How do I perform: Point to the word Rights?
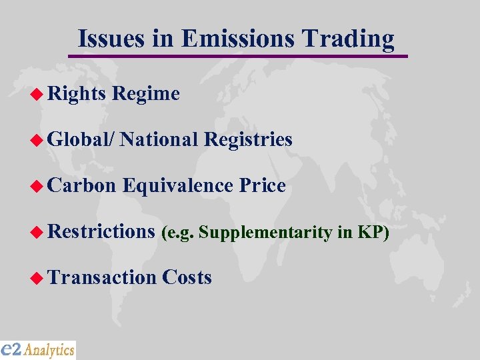point(77,94)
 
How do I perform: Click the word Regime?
point(146,94)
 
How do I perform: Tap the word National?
point(159,139)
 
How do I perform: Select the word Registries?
point(248,139)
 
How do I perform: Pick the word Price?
point(262,185)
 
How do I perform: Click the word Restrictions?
point(101,231)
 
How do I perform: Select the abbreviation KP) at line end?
point(373,232)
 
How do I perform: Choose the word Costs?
point(187,277)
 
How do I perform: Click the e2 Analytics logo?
point(38,349)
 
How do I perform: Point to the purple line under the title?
point(240,55)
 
